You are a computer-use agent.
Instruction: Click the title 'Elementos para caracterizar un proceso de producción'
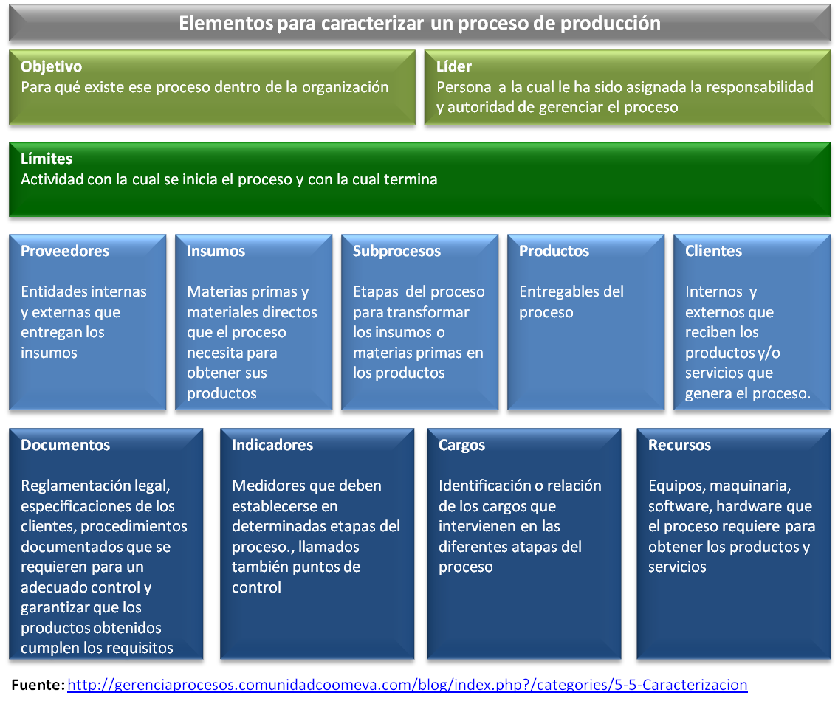(x=419, y=23)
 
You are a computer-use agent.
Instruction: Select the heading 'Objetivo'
(x=51, y=66)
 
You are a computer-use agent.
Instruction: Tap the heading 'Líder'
(x=453, y=66)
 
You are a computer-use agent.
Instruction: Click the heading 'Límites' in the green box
(x=47, y=159)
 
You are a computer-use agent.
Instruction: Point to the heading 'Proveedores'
(x=65, y=251)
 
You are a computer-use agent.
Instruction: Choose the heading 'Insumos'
(x=216, y=251)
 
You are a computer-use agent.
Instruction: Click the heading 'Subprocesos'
(x=396, y=251)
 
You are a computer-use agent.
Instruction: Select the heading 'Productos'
(x=554, y=251)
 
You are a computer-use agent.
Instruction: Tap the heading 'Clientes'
(x=713, y=251)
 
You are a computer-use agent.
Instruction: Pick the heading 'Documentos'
(x=66, y=445)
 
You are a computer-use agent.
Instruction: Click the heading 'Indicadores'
(x=272, y=445)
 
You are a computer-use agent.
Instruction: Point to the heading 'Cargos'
(x=461, y=445)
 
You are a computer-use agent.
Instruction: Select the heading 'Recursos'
(x=679, y=445)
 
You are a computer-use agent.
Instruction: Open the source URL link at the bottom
(x=407, y=685)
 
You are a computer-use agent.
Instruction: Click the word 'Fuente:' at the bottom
(x=38, y=685)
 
